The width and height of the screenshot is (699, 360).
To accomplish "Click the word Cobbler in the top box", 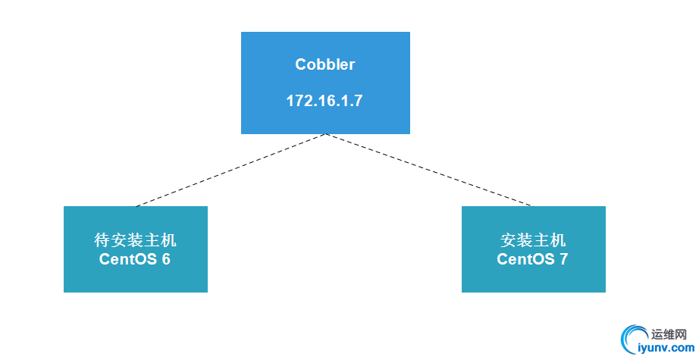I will coord(324,64).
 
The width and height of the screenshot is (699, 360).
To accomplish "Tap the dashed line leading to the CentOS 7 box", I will coord(428,170).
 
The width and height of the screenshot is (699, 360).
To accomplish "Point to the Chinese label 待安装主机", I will coord(135,241).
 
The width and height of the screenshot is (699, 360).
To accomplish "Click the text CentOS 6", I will coord(135,260).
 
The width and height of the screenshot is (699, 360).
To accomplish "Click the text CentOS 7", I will coord(533,260).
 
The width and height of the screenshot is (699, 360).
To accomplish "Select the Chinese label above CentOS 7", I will coord(533,241).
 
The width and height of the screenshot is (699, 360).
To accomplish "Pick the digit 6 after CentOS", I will coord(166,260).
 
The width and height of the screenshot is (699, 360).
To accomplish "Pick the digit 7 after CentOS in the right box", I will coord(564,260).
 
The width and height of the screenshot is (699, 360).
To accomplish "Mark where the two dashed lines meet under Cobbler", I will coord(326,135).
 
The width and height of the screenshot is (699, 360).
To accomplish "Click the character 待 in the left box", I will coord(102,241).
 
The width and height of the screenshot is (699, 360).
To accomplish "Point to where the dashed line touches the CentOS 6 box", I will coord(136,206).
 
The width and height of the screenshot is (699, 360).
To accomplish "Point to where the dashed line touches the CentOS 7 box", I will coord(531,206).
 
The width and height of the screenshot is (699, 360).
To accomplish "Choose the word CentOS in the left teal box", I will coord(125,260).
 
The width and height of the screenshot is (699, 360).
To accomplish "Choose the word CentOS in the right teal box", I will coord(523,260).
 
